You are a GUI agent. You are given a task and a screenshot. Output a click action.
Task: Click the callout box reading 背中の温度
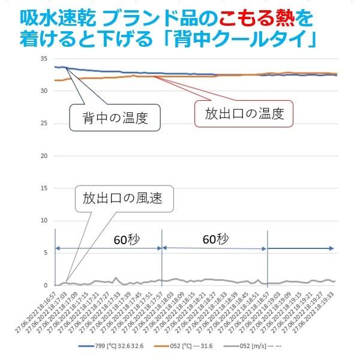pyautogui.click(x=116, y=117)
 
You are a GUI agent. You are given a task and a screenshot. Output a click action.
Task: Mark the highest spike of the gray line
pyautogui.click(x=115, y=278)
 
